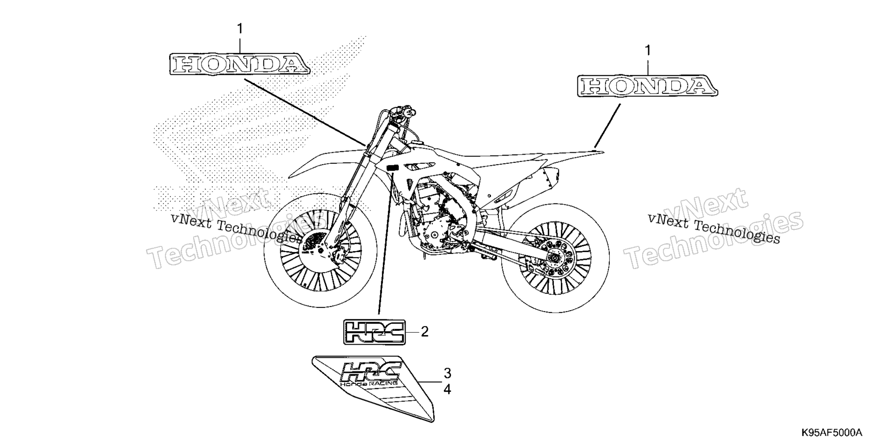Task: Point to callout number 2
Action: click(424, 331)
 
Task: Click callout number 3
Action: click(447, 373)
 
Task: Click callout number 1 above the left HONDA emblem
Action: click(240, 29)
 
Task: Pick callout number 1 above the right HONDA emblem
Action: click(648, 50)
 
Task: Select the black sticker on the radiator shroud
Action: click(393, 168)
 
